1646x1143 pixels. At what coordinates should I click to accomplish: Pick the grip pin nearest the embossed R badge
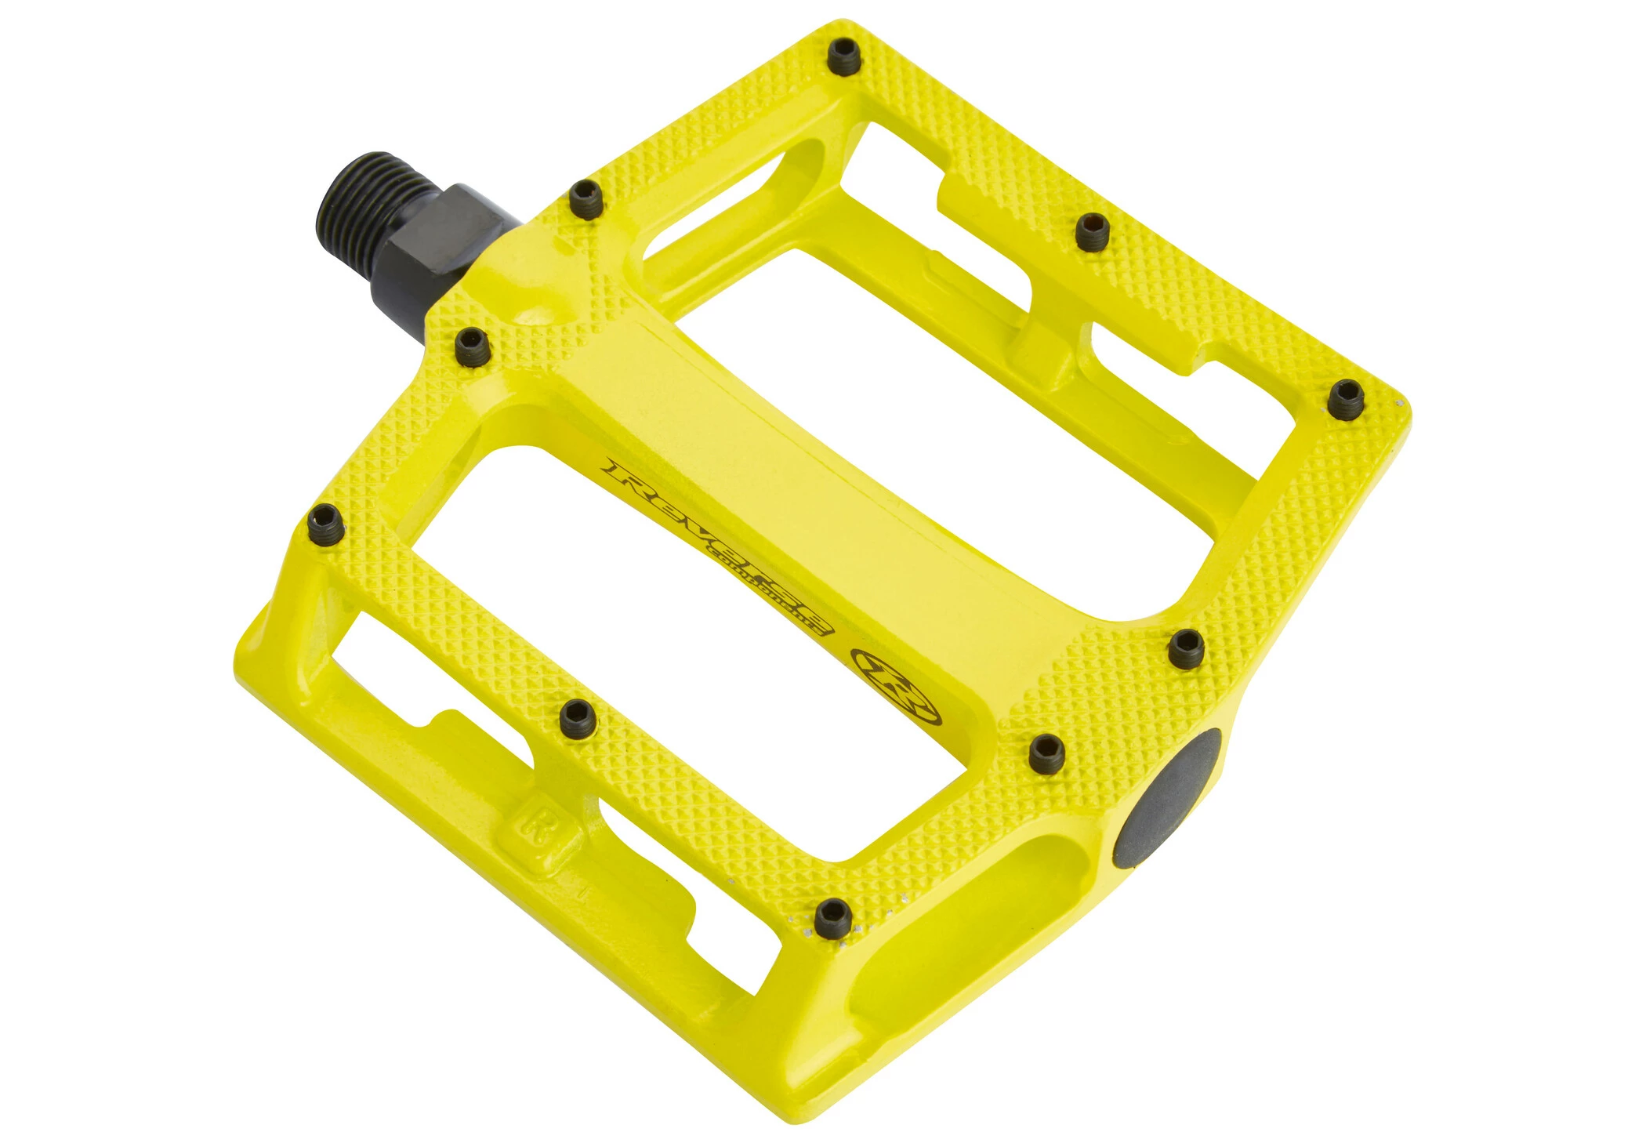[x=578, y=717]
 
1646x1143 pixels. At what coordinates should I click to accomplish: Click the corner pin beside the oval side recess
[x=832, y=918]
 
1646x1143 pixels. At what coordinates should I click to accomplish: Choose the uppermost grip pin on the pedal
[x=845, y=57]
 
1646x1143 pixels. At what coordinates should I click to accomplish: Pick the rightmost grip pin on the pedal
[x=1347, y=399]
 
